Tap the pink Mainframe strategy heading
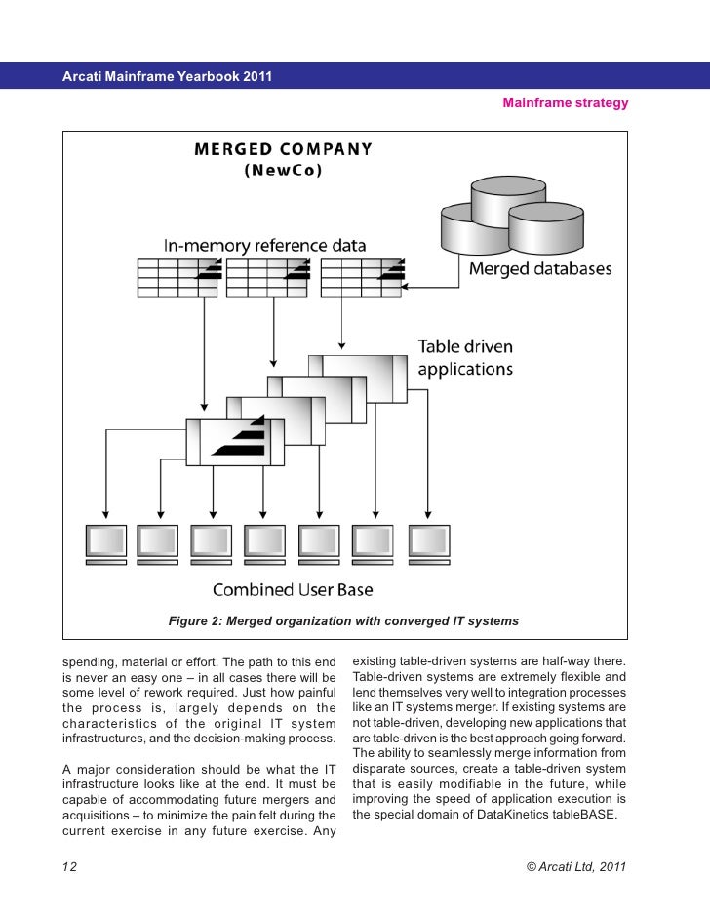(565, 102)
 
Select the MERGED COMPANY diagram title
(283, 150)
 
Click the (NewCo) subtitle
(282, 170)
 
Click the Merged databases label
(541, 269)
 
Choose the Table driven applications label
(465, 358)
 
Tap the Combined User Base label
(293, 589)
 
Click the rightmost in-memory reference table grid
(360, 277)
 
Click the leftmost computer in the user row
(105, 544)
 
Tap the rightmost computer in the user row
(428, 544)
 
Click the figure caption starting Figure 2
(343, 621)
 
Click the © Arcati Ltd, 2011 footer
(576, 866)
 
